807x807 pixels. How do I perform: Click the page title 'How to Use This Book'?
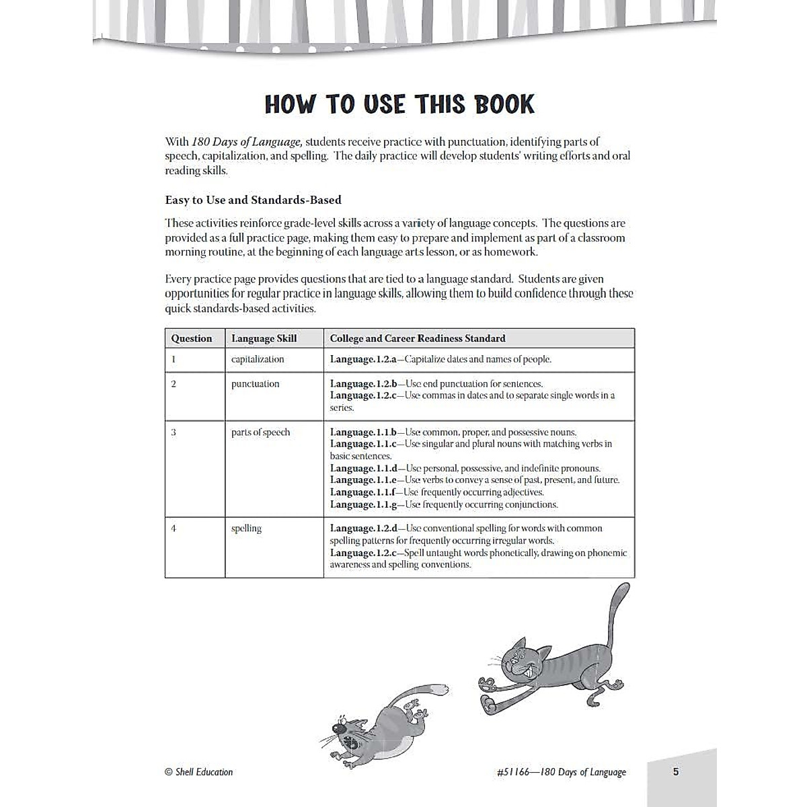point(399,104)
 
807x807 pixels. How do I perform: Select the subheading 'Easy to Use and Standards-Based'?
point(253,200)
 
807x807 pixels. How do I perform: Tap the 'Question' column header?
point(191,338)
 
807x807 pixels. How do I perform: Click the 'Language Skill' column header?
point(264,338)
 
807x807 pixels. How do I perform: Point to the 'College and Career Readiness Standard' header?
point(417,338)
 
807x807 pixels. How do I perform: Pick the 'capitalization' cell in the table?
point(258,359)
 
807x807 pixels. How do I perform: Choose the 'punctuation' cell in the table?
point(255,384)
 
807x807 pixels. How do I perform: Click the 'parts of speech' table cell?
point(260,432)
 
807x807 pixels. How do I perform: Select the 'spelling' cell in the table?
point(246,529)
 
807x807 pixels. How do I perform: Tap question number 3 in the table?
point(174,432)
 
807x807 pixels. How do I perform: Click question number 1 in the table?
point(174,359)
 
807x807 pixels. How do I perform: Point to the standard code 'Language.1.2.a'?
point(363,359)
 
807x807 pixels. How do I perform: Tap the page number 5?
point(676,771)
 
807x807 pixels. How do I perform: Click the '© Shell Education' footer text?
point(198,772)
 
